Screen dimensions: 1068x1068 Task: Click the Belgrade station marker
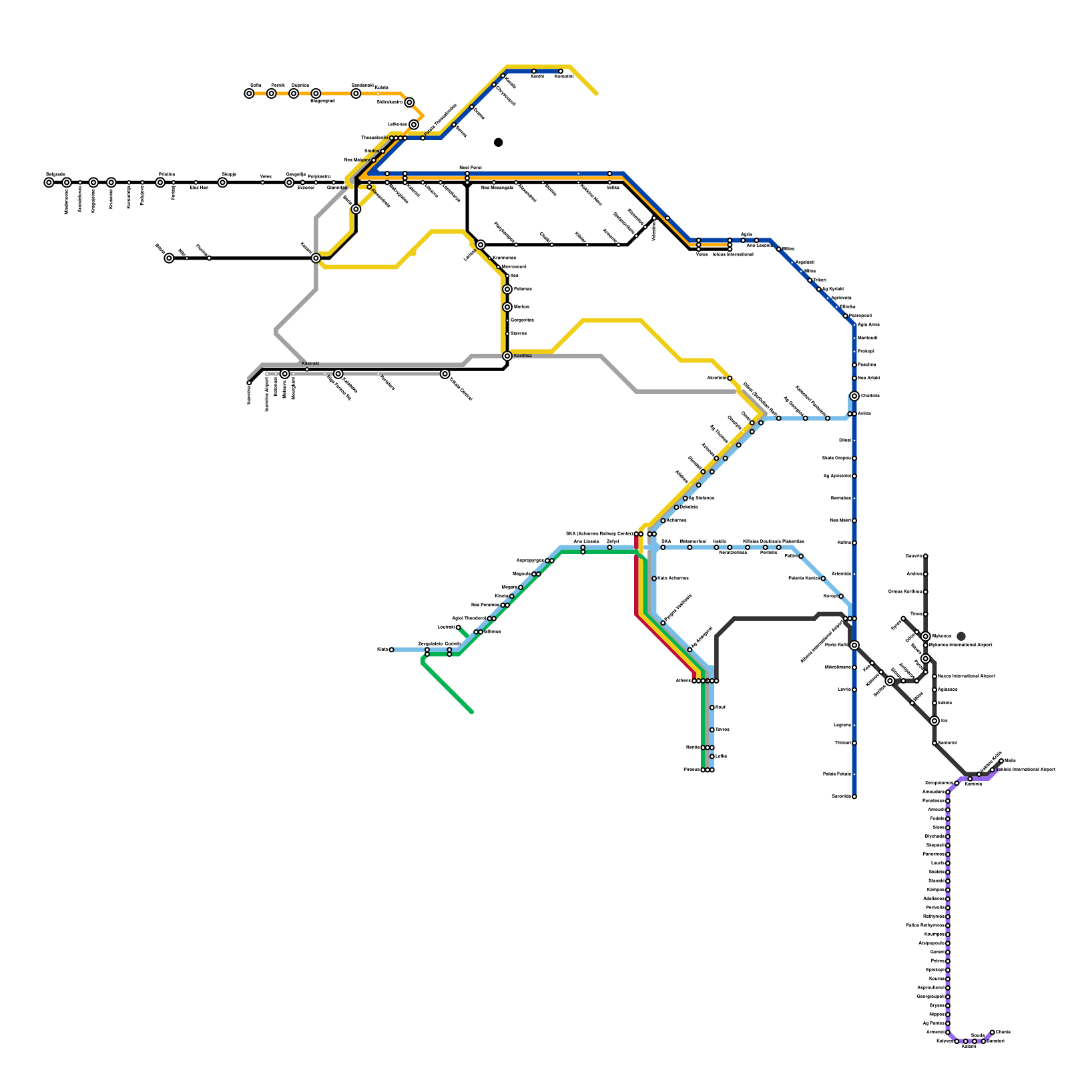49,182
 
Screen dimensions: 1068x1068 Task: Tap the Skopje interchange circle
222,182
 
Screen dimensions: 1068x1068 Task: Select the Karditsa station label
523,356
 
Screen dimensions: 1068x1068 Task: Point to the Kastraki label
310,363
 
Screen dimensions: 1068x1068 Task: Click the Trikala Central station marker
445,374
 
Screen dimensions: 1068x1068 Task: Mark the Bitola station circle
169,258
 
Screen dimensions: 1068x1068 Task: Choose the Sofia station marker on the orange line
249,93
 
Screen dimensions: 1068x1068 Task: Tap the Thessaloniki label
374,138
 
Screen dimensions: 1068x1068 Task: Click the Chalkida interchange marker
854,396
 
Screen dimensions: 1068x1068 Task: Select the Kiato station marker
391,649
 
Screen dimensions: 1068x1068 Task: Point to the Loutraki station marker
459,627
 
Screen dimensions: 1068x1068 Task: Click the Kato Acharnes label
673,578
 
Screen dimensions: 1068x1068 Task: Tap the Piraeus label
692,770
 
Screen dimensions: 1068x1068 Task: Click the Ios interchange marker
934,721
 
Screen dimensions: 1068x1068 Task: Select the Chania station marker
993,1032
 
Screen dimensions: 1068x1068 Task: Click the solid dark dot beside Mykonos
961,636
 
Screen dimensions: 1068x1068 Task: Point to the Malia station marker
1001,761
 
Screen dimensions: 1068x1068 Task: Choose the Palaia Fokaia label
835,774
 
